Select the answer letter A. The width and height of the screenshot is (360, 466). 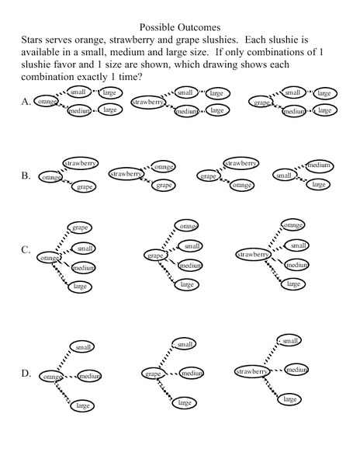pos(26,102)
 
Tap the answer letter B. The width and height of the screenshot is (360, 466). pos(26,176)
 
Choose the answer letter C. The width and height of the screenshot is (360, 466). pos(26,251)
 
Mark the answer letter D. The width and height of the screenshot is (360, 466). pos(26,374)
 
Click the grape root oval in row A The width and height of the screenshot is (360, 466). pos(261,102)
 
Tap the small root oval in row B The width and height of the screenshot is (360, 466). pos(284,176)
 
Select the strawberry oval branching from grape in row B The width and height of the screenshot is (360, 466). pos(241,163)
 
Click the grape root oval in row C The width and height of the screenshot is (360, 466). pos(156,255)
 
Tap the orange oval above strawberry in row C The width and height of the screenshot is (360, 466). pos(292,225)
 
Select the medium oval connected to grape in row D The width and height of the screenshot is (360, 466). pos(191,374)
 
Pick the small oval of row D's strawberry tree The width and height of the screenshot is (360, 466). pos(289,341)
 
